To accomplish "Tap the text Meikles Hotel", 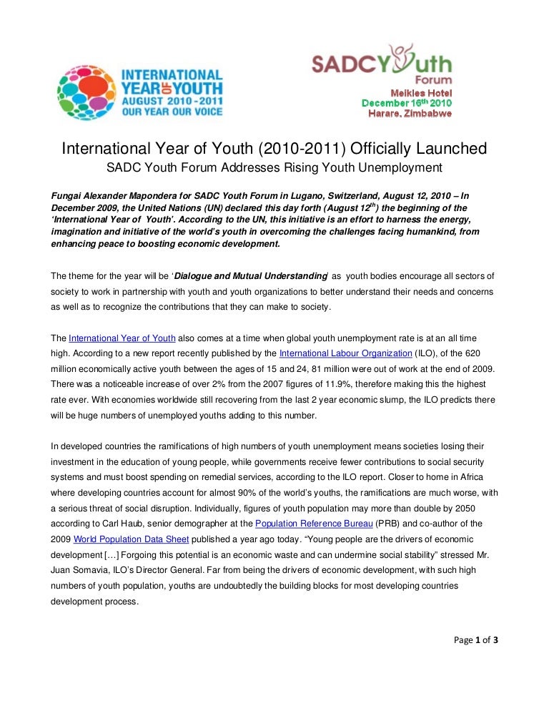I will pos(420,93).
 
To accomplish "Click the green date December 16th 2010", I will pos(406,103).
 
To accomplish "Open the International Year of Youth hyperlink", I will pos(122,337).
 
